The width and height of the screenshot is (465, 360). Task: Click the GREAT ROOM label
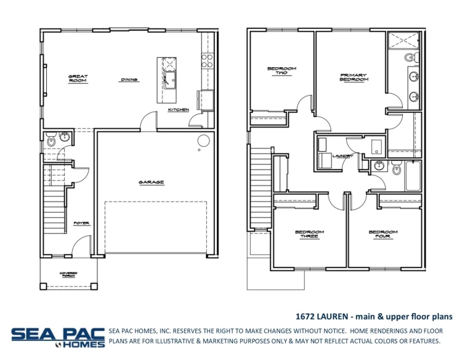78,79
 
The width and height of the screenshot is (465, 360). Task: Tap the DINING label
129,80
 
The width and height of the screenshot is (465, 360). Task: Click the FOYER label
81,223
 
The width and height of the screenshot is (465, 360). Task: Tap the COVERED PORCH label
67,275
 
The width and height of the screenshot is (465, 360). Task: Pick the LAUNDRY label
342,156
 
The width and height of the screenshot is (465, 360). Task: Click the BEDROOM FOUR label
383,234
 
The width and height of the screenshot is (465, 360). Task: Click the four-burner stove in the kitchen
208,60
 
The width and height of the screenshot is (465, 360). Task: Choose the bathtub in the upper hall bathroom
413,176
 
